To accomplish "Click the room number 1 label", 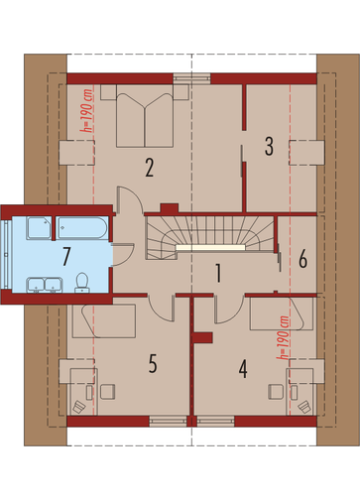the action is [x=218, y=273].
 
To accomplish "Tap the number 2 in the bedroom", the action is [x=149, y=168].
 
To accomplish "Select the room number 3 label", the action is [x=269, y=146].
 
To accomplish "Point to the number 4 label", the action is [x=243, y=369].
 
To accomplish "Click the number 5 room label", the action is [x=153, y=363].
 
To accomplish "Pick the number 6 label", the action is [x=302, y=259].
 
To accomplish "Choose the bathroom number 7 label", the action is [x=66, y=256].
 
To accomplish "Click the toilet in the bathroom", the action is [x=81, y=283].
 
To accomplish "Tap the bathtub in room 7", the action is [x=81, y=227].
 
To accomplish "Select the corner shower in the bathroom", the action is [x=40, y=227].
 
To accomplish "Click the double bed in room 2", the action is [x=145, y=120].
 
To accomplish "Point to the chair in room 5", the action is [x=108, y=392].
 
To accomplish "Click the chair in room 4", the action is [x=276, y=392].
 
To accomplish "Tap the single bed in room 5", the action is [x=104, y=321].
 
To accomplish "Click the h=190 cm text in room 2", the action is [x=87, y=111].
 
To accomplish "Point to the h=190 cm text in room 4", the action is [x=284, y=337].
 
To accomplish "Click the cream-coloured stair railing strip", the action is [x=210, y=247].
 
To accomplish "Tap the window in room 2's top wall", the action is [x=191, y=78].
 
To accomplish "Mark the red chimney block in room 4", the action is [x=202, y=337].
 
